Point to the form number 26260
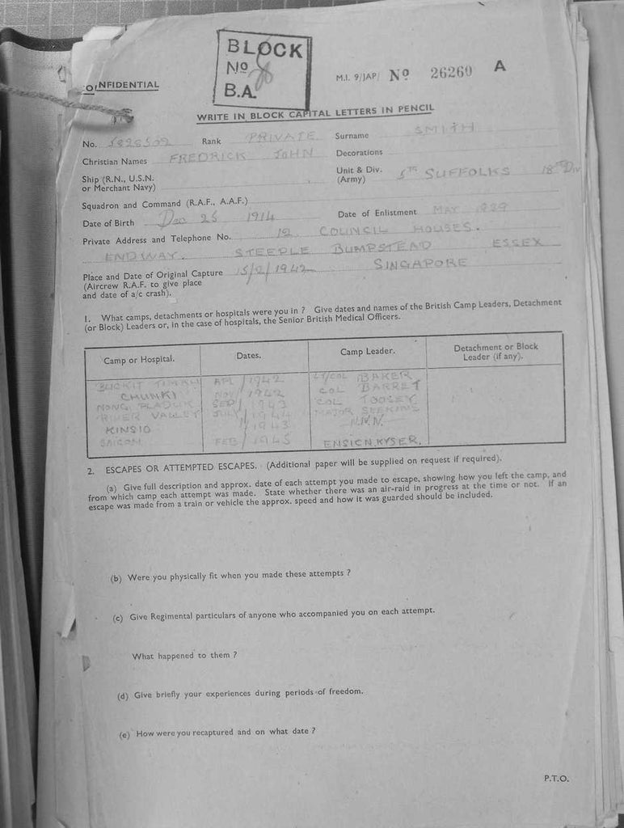[x=450, y=72]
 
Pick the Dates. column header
[x=248, y=355]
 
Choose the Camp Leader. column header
[x=367, y=351]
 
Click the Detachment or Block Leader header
[x=495, y=351]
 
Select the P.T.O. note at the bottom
[x=556, y=778]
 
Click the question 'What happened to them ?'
[x=184, y=654]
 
